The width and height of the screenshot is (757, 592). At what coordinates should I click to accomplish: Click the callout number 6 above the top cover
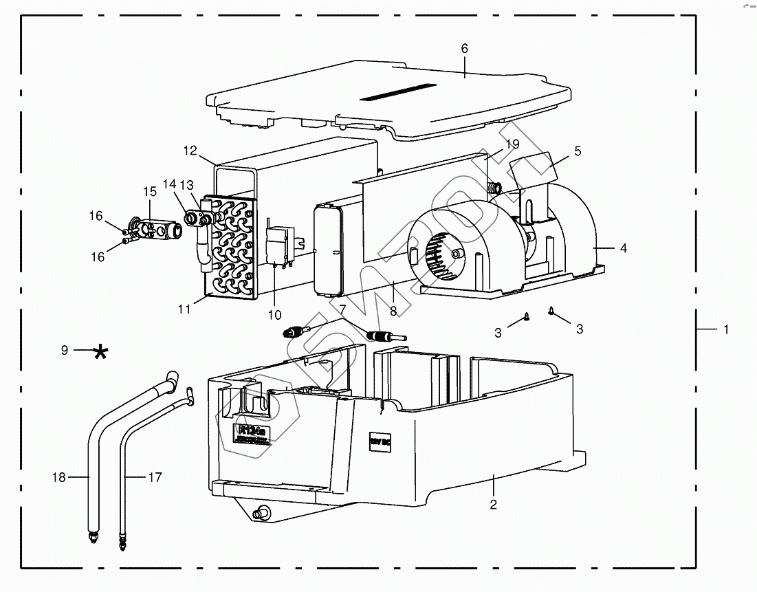click(x=464, y=48)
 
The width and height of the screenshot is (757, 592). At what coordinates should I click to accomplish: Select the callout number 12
click(x=190, y=151)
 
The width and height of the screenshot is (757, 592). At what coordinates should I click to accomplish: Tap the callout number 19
click(x=512, y=144)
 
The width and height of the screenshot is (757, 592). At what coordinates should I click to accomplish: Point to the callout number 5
click(x=578, y=151)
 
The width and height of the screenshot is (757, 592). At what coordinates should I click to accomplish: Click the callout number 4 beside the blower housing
click(x=623, y=248)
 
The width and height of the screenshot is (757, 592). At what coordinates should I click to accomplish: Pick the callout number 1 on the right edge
click(x=725, y=330)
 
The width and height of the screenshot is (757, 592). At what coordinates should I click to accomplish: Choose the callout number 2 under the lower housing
click(x=493, y=504)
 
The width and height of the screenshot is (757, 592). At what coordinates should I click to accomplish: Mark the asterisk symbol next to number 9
click(x=100, y=352)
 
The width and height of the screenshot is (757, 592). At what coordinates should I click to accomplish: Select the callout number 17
click(x=155, y=476)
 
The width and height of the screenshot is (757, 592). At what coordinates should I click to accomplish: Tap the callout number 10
click(x=274, y=315)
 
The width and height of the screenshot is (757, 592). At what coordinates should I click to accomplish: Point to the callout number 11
click(x=184, y=309)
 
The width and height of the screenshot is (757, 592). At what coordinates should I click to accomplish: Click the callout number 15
click(x=150, y=190)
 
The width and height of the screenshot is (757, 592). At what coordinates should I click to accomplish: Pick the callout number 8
click(x=394, y=311)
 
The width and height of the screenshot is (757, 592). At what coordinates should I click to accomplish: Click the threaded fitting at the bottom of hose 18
click(x=91, y=536)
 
